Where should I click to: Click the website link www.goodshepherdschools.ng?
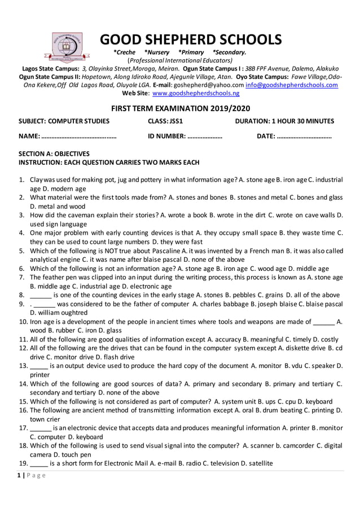click(196, 93)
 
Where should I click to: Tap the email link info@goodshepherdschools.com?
click(292, 85)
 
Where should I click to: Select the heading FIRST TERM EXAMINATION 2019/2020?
click(180, 108)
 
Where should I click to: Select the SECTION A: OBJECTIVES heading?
click(54, 153)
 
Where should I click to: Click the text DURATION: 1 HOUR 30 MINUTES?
click(284, 121)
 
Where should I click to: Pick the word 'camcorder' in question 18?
click(292, 445)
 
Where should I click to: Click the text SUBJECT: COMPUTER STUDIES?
click(64, 121)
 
